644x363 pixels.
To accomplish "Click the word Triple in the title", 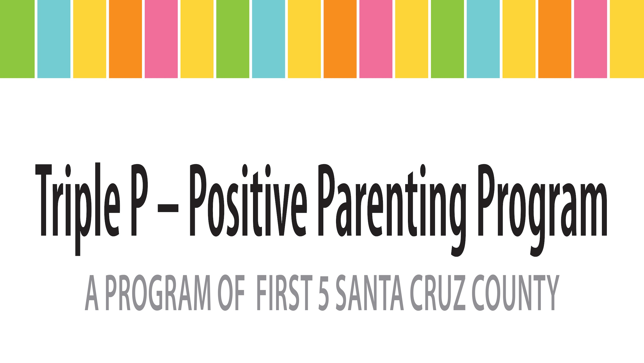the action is click(x=77, y=209).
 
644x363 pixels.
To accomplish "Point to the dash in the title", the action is click(x=168, y=208).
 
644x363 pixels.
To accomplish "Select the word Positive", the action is click(x=248, y=200).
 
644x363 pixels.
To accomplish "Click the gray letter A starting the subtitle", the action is click(x=92, y=293).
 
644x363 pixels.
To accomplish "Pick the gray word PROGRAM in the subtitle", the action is click(x=158, y=293).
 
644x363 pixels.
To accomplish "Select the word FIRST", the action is click(x=285, y=293).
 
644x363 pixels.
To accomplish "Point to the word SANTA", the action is click(x=370, y=293).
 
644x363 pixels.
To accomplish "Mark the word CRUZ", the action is click(x=438, y=293).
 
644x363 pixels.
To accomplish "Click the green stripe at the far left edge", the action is click(x=17, y=39).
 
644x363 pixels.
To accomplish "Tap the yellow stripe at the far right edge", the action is click(x=627, y=39).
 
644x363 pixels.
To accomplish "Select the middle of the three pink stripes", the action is click(x=376, y=39).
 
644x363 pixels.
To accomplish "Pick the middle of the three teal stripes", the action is click(x=268, y=39).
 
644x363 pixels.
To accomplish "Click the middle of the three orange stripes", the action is click(x=340, y=39).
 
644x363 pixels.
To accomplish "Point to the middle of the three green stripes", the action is click(x=233, y=39).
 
